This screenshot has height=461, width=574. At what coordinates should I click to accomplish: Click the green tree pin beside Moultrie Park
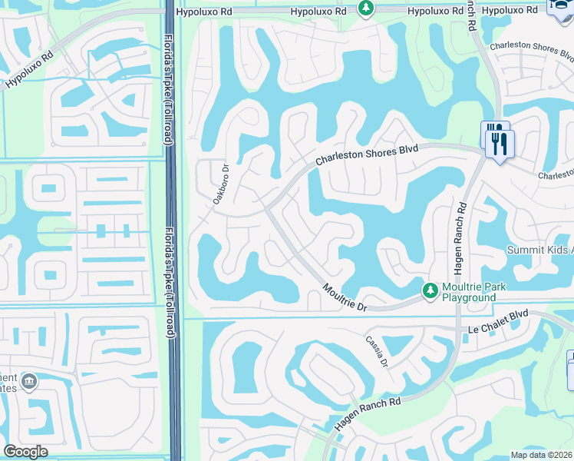(430, 290)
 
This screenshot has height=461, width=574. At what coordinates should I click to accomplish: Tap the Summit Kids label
(539, 250)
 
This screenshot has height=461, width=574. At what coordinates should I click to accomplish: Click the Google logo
(25, 452)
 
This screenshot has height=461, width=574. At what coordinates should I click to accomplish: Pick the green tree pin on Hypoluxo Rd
(367, 8)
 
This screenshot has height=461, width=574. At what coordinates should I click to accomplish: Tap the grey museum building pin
(29, 381)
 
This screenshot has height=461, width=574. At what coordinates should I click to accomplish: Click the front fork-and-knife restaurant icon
(500, 144)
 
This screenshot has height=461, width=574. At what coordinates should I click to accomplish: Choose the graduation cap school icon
(559, 6)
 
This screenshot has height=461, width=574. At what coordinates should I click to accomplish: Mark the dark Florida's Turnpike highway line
(173, 230)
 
